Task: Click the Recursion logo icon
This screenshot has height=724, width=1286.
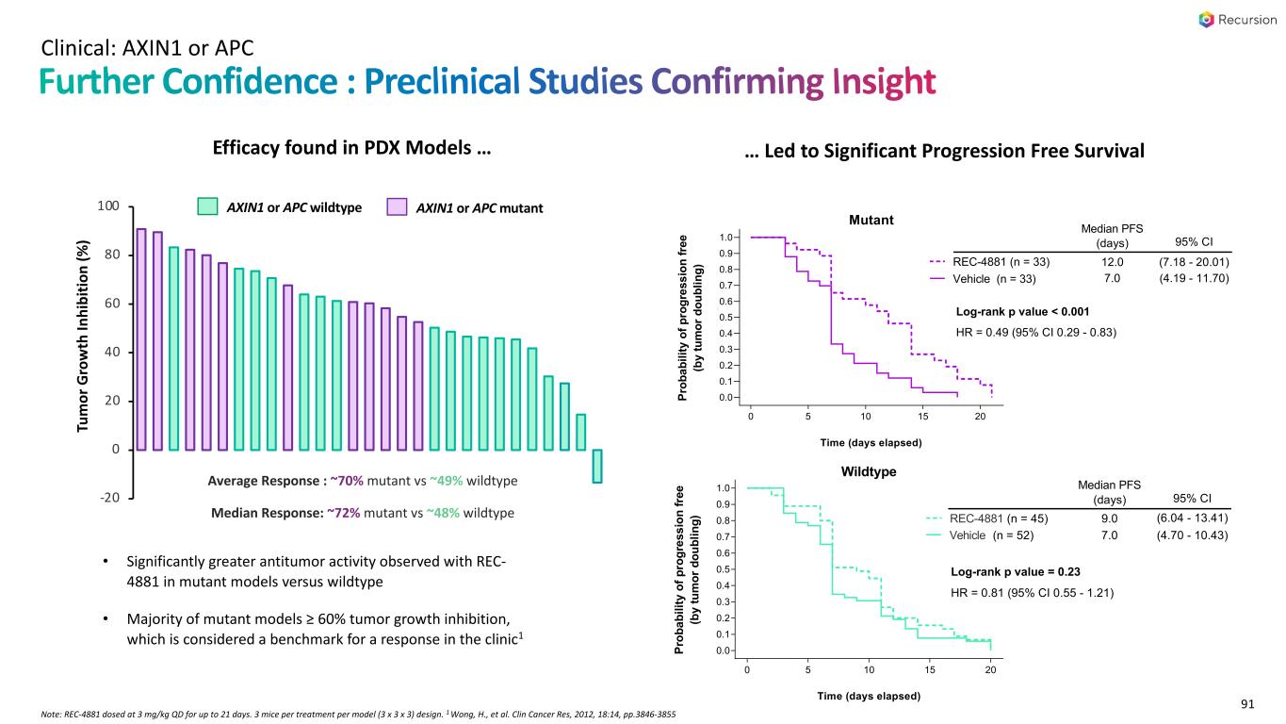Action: click(x=1206, y=19)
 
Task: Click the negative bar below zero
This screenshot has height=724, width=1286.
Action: click(x=597, y=467)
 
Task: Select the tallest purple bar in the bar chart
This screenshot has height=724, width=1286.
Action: click(x=141, y=339)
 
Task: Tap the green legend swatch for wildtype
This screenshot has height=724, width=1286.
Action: click(x=208, y=207)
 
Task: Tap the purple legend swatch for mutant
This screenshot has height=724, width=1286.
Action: click(x=397, y=207)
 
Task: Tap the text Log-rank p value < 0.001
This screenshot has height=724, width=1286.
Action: click(x=1022, y=312)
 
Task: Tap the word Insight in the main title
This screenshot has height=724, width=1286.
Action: click(x=883, y=83)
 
